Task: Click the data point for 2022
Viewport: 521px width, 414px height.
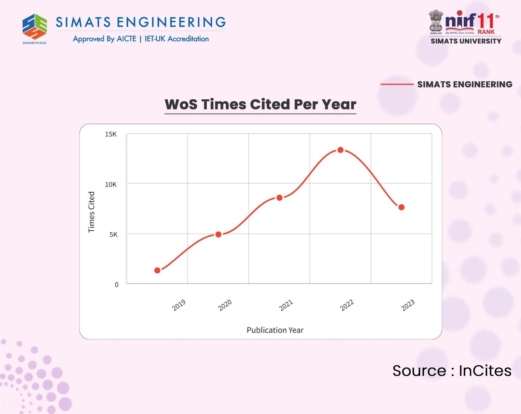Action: point(340,150)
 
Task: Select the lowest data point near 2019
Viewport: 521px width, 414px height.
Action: point(157,270)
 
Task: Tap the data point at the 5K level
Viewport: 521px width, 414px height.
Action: point(218,234)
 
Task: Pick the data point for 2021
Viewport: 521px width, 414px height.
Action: point(279,198)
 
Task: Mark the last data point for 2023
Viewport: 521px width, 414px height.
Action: point(401,207)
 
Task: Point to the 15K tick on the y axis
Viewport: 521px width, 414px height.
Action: point(111,134)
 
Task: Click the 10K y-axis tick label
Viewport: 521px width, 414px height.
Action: point(111,184)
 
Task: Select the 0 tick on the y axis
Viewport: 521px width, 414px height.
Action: point(117,285)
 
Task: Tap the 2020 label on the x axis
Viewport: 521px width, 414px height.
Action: point(225,305)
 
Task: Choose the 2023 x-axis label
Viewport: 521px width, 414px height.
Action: point(408,305)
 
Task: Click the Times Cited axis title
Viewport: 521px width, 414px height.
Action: point(92,212)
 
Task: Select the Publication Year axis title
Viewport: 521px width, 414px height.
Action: point(275,330)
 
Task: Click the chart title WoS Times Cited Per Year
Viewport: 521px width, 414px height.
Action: point(260,104)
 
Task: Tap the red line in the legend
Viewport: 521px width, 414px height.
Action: point(397,84)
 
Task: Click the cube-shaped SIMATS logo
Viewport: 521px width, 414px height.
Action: point(35,27)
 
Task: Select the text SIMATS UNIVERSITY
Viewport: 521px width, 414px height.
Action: point(466,41)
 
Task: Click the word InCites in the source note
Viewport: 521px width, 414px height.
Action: point(485,371)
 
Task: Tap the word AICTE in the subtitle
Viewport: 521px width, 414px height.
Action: point(126,39)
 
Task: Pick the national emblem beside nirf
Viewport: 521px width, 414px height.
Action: point(436,21)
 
